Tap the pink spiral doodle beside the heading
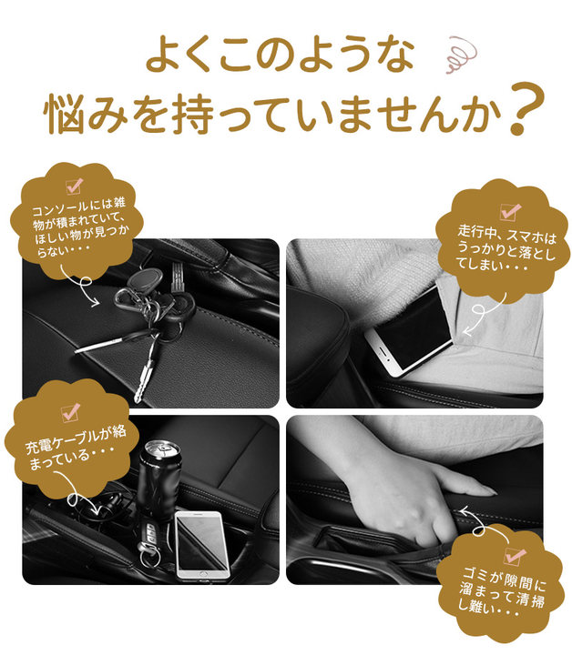(x=461, y=55)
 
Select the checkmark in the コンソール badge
(x=75, y=186)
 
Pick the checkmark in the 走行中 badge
(x=511, y=211)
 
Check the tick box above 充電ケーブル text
(x=71, y=412)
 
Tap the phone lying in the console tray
(x=202, y=545)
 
